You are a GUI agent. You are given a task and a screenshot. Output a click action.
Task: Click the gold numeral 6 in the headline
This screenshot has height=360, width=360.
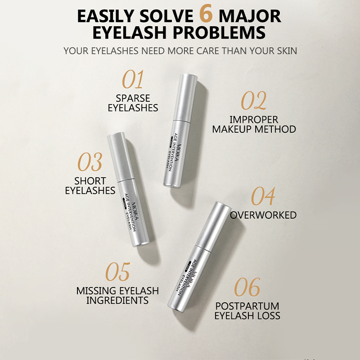tap(206, 14)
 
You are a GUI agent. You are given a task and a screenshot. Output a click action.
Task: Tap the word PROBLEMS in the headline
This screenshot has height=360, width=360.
tap(219, 32)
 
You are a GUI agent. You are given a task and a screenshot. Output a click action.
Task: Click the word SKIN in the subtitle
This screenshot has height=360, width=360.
tap(287, 51)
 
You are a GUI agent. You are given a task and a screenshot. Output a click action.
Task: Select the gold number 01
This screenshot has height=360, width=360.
tap(133, 79)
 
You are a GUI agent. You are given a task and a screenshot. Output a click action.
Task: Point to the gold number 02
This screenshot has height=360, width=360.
tap(254, 100)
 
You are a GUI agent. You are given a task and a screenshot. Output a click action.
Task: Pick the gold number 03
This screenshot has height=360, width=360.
tap(90, 162)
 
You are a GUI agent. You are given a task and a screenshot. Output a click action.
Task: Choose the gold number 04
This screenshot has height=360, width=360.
tap(263, 196)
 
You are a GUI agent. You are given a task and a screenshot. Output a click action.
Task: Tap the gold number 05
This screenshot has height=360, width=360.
tap(118, 272)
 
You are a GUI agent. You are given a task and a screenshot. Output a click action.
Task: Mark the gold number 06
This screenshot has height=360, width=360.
tap(247, 287)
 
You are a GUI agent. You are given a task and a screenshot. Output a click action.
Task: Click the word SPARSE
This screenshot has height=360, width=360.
tap(133, 98)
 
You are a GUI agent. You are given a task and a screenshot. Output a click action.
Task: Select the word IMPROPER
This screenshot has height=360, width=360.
tap(254, 120)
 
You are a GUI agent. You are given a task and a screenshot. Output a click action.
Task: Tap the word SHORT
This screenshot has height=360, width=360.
tap(90, 181)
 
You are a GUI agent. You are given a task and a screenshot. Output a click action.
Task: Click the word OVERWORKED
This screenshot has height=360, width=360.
tap(263, 215)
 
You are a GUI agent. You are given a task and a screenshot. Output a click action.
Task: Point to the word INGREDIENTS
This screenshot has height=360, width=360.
tap(117, 300)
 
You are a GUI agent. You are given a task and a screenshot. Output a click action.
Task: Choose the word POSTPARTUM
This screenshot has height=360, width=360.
tap(247, 306)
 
